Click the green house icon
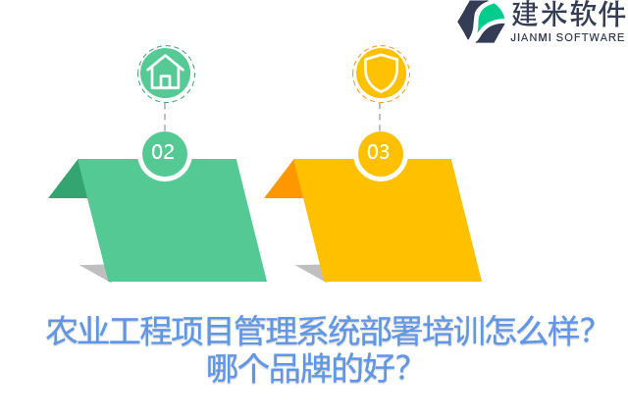point(165,72)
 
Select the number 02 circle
point(163,152)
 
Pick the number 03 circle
point(379,152)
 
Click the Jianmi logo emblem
point(481,21)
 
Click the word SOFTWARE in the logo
point(591,37)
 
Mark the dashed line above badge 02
point(165,116)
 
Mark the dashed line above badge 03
point(380,116)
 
